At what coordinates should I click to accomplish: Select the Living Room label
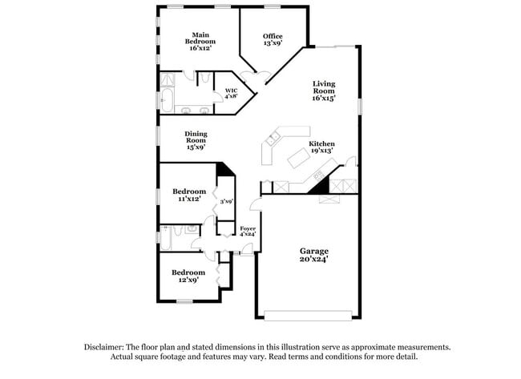point(324,91)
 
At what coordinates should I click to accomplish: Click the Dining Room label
point(196,140)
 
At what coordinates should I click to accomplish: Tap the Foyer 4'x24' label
point(248,233)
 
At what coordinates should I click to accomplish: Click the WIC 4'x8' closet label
point(231,93)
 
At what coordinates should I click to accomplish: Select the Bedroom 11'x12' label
point(189,195)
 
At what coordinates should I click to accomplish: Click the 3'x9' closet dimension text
point(227,201)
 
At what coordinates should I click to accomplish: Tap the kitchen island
point(301,158)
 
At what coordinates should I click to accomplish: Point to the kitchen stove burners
point(319,175)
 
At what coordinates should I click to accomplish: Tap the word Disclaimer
point(107,348)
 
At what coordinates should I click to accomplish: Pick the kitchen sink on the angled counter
point(272,139)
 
